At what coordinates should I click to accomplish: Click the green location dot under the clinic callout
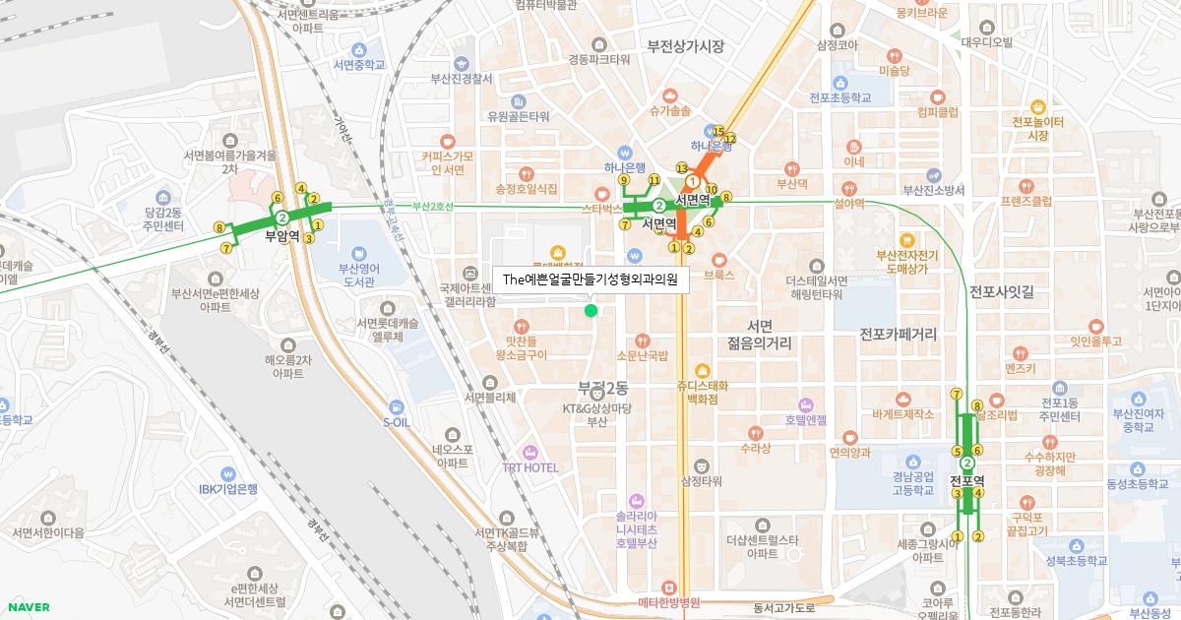tap(590, 311)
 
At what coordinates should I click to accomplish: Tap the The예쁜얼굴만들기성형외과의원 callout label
tap(590, 279)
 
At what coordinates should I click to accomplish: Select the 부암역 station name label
tap(282, 236)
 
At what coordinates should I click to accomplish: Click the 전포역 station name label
tap(967, 480)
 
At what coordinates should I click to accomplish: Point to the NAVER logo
tap(29, 606)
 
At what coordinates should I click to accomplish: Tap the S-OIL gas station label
tap(396, 421)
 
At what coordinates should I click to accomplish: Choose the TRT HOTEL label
tap(529, 467)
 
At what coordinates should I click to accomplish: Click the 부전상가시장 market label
tap(685, 46)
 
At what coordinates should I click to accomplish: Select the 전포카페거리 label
tap(898, 335)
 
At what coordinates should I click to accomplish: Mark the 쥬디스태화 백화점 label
tap(702, 391)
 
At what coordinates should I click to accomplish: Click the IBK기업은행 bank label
tap(227, 489)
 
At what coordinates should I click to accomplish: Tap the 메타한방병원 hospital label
tap(668, 602)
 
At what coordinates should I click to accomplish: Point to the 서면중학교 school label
tap(359, 65)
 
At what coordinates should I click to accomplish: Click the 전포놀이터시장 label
tap(1037, 128)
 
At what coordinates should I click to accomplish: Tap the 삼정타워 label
tap(702, 481)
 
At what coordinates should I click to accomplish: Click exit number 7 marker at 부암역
tap(227, 249)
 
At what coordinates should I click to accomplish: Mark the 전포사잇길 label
tap(1002, 292)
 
